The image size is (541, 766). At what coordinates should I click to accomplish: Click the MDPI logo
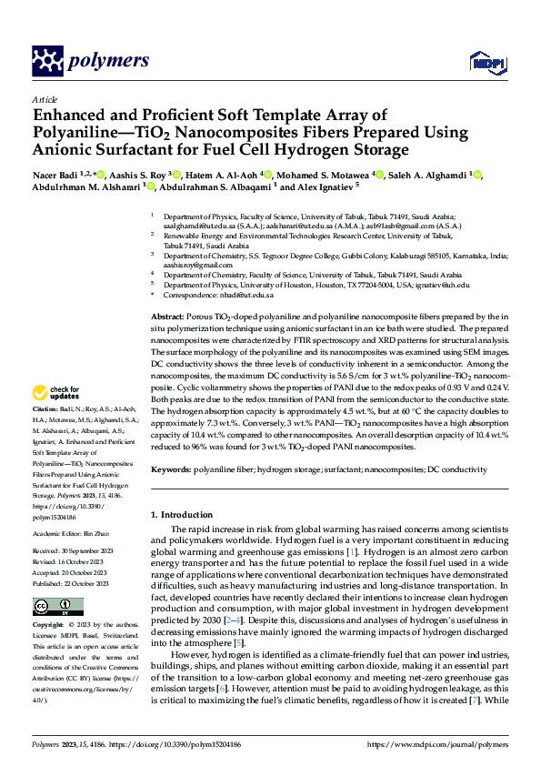[x=483, y=62]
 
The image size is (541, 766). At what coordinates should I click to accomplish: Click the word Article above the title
[x=45, y=99]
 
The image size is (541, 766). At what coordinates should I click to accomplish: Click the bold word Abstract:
[x=169, y=314]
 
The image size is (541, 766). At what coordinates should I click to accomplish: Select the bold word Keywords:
[x=171, y=469]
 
